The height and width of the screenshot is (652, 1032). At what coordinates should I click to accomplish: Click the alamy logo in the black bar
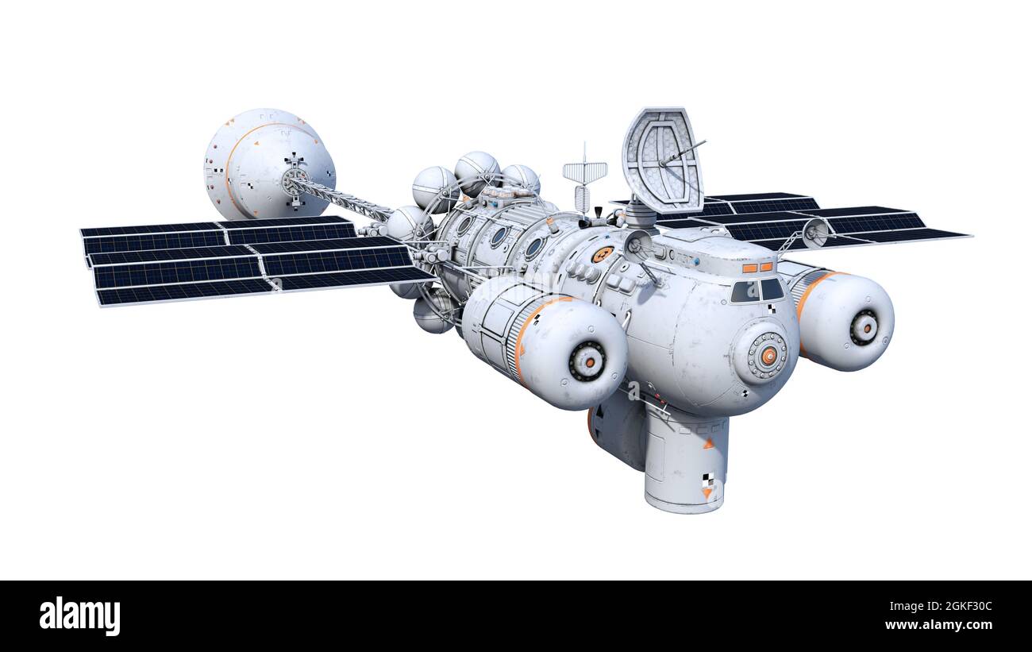[80, 616]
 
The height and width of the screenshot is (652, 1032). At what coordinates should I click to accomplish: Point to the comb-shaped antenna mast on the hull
[584, 175]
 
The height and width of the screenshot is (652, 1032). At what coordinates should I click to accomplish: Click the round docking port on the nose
[767, 356]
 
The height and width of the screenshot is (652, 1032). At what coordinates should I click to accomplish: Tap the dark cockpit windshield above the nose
[757, 291]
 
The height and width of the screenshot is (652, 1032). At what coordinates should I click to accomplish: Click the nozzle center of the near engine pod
[587, 361]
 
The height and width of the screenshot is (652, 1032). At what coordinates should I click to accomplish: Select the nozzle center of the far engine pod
[863, 326]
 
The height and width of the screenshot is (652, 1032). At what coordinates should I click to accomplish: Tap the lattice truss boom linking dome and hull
[341, 198]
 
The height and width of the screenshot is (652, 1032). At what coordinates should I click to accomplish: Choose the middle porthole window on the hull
[499, 236]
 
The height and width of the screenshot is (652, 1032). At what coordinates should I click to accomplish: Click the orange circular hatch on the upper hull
[601, 254]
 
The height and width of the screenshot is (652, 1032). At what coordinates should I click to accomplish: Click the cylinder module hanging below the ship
[684, 465]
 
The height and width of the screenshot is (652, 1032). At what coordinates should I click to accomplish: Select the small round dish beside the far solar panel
[814, 232]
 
